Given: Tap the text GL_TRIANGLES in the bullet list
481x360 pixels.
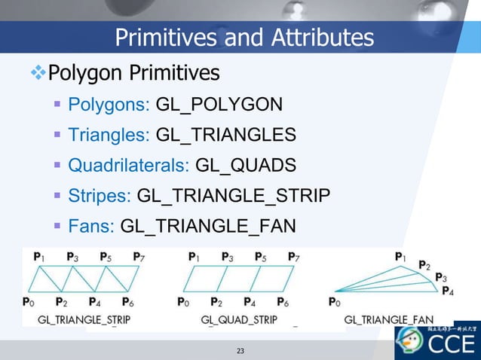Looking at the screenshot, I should coord(225,135).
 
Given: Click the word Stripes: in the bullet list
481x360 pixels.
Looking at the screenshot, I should coord(100,196).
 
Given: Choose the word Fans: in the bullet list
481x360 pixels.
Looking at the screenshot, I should coord(91,226).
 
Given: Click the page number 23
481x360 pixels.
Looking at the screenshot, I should coord(240,351).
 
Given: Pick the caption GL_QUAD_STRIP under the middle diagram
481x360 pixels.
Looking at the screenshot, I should coord(238,319).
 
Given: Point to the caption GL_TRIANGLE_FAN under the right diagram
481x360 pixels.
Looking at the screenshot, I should coord(388,319).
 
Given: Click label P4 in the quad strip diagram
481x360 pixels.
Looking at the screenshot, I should coord(250,303).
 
